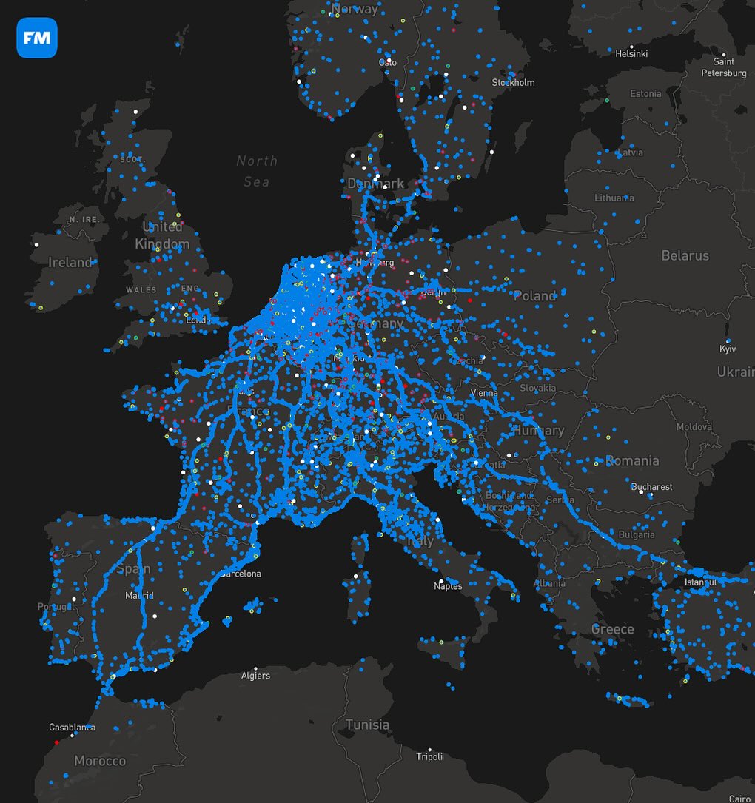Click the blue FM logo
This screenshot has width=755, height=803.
pyautogui.click(x=36, y=37)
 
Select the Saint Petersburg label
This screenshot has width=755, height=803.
pyautogui.click(x=723, y=67)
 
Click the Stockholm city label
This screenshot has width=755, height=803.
pyautogui.click(x=513, y=82)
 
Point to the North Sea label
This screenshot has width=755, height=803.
pyautogui.click(x=257, y=171)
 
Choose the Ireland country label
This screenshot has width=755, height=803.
pyautogui.click(x=70, y=262)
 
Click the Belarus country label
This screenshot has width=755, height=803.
pyautogui.click(x=685, y=255)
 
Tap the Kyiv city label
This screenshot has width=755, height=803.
pyautogui.click(x=728, y=349)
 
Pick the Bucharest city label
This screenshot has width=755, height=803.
pyautogui.click(x=651, y=487)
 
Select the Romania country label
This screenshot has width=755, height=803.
pyautogui.click(x=632, y=460)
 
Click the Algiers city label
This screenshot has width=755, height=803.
pyautogui.click(x=255, y=676)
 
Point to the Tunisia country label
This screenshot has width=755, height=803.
pyautogui.click(x=367, y=725)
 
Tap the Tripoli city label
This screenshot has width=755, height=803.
pyautogui.click(x=429, y=756)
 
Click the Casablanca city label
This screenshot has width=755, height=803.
pyautogui.click(x=72, y=728)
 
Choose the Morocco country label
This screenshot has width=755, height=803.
pyautogui.click(x=100, y=761)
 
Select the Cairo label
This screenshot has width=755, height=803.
pyautogui.click(x=739, y=799)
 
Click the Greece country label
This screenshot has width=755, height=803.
pyautogui.click(x=612, y=629)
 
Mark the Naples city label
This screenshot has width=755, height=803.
pyautogui.click(x=448, y=586)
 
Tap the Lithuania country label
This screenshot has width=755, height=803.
pyautogui.click(x=614, y=198)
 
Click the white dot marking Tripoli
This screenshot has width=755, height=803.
pyautogui.click(x=429, y=749)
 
